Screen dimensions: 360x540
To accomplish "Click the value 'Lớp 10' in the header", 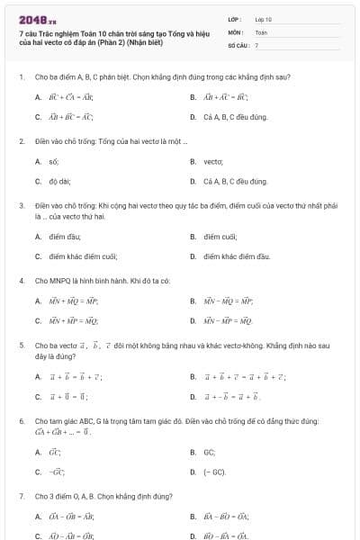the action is click(x=263, y=18).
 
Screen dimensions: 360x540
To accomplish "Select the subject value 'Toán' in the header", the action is click(x=261, y=31).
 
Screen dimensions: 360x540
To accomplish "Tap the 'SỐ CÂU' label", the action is click(x=237, y=44).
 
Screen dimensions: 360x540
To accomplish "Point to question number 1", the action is click(x=21, y=77).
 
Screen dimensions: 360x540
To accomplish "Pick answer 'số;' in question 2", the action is click(x=54, y=161).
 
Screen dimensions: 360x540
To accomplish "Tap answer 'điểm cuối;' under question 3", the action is click(x=220, y=237).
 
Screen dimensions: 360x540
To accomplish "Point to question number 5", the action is click(x=21, y=345).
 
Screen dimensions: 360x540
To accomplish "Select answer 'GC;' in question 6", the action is click(x=210, y=452).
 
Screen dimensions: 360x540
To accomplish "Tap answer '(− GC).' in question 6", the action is click(x=214, y=472).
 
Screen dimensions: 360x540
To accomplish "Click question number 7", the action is click(x=21, y=496).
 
